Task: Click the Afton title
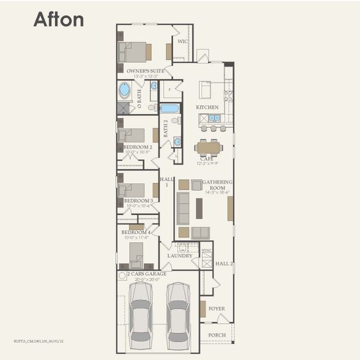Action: point(58,19)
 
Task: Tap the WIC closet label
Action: point(182,41)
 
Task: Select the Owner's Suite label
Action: point(145,71)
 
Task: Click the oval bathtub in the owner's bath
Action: point(124,90)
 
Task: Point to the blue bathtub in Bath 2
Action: point(169,109)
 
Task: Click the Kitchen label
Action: point(207,107)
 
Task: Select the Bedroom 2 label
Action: point(137,146)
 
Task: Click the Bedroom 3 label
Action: point(138,200)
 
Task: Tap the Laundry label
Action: point(180,256)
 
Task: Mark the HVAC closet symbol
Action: point(207,260)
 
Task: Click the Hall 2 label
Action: point(224,263)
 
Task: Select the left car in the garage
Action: point(140,315)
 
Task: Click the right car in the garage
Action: point(178,315)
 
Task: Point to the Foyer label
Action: point(217,309)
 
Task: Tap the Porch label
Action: point(217,335)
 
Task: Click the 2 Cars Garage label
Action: point(147,274)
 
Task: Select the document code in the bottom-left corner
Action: point(38,340)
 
